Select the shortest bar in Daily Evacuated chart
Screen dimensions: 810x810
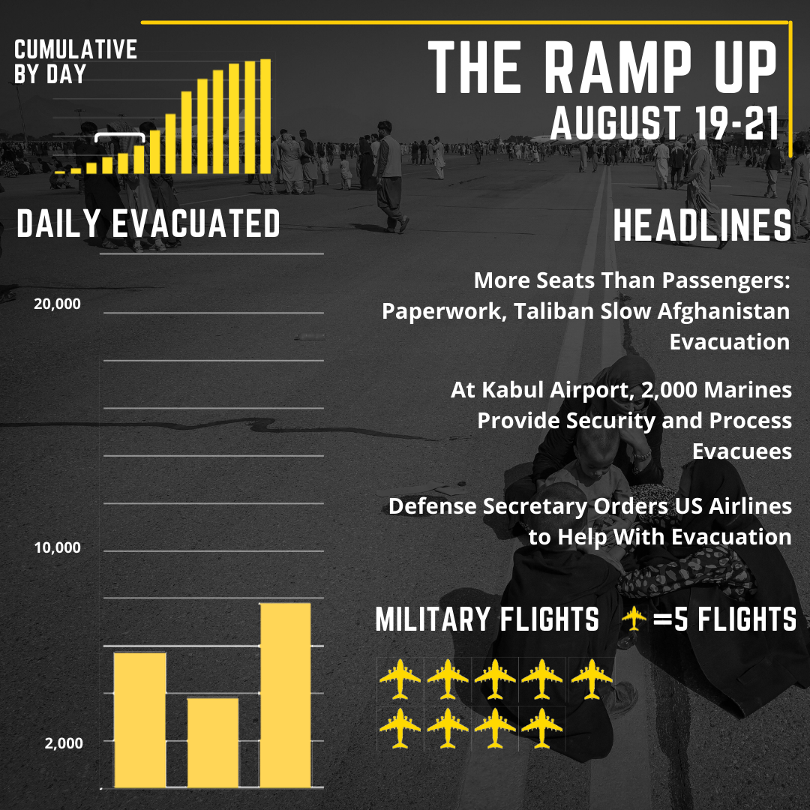(x=213, y=742)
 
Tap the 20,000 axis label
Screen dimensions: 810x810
(x=57, y=304)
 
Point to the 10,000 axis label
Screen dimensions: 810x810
(x=57, y=547)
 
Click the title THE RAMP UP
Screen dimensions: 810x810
(x=602, y=70)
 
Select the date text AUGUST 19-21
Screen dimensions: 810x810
(x=664, y=123)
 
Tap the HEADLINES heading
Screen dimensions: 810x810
(x=702, y=226)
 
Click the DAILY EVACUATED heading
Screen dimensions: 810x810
(x=148, y=224)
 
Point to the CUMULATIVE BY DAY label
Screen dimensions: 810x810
(x=75, y=61)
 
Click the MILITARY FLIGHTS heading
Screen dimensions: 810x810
(x=487, y=620)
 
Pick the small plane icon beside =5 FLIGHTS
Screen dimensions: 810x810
(x=634, y=619)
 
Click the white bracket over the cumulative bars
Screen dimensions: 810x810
(x=120, y=136)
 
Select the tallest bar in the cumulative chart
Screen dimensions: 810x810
(x=265, y=115)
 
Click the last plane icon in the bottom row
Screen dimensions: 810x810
(x=541, y=727)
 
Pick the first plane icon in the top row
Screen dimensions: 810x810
(x=400, y=679)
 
